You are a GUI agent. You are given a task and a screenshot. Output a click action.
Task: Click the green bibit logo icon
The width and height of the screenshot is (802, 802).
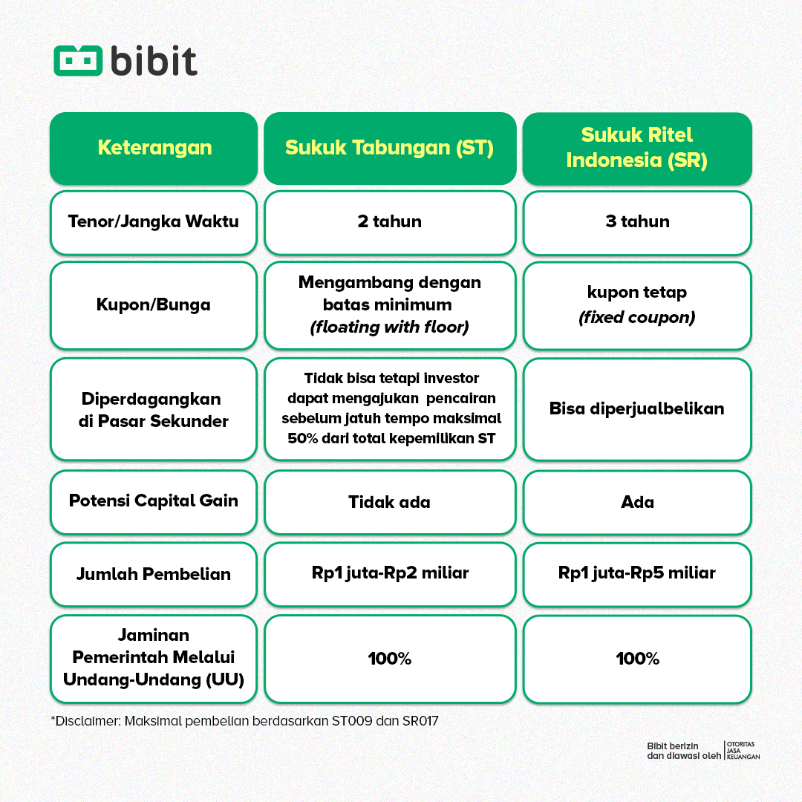tap(77, 61)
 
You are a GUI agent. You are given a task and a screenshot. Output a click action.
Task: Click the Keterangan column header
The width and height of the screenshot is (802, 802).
tap(154, 147)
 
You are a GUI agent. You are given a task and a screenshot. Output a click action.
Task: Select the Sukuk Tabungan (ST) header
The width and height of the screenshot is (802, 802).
tap(389, 147)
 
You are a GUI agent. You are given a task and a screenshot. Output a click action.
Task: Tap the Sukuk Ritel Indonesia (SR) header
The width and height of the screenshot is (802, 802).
tap(637, 147)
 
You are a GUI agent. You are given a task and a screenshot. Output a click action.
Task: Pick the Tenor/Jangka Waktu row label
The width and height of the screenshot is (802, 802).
tap(154, 221)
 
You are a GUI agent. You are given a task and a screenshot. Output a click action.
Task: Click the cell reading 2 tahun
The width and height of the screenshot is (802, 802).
tap(389, 221)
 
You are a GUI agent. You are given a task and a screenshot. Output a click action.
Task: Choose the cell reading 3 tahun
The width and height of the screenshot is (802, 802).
tap(637, 221)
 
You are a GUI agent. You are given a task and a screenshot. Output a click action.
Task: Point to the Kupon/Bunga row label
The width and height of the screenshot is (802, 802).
tap(154, 304)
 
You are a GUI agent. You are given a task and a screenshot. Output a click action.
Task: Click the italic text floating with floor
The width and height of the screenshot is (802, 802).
tap(389, 327)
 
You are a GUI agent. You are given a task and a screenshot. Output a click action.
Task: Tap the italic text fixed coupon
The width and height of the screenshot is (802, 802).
tap(637, 317)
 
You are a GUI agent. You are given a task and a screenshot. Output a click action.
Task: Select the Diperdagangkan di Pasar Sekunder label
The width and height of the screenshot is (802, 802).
tap(154, 410)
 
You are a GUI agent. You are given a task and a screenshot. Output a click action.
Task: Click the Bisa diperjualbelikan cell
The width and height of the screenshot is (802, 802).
tap(637, 408)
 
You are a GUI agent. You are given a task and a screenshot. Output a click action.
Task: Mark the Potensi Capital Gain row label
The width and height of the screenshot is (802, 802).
tap(154, 501)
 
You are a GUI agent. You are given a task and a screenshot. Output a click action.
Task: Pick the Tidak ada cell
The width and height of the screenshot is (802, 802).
tap(389, 502)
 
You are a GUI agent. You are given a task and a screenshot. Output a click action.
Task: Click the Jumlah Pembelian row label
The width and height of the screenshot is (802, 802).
tap(154, 574)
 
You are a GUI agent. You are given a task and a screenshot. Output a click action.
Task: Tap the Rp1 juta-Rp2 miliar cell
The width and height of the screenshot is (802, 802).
tap(389, 573)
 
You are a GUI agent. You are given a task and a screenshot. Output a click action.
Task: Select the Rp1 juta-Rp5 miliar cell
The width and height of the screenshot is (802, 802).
tap(637, 573)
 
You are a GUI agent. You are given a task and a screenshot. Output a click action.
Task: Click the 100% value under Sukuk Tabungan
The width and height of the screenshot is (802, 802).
tap(389, 659)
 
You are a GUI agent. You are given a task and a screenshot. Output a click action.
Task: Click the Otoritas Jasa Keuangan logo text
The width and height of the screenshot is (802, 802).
tap(743, 750)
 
